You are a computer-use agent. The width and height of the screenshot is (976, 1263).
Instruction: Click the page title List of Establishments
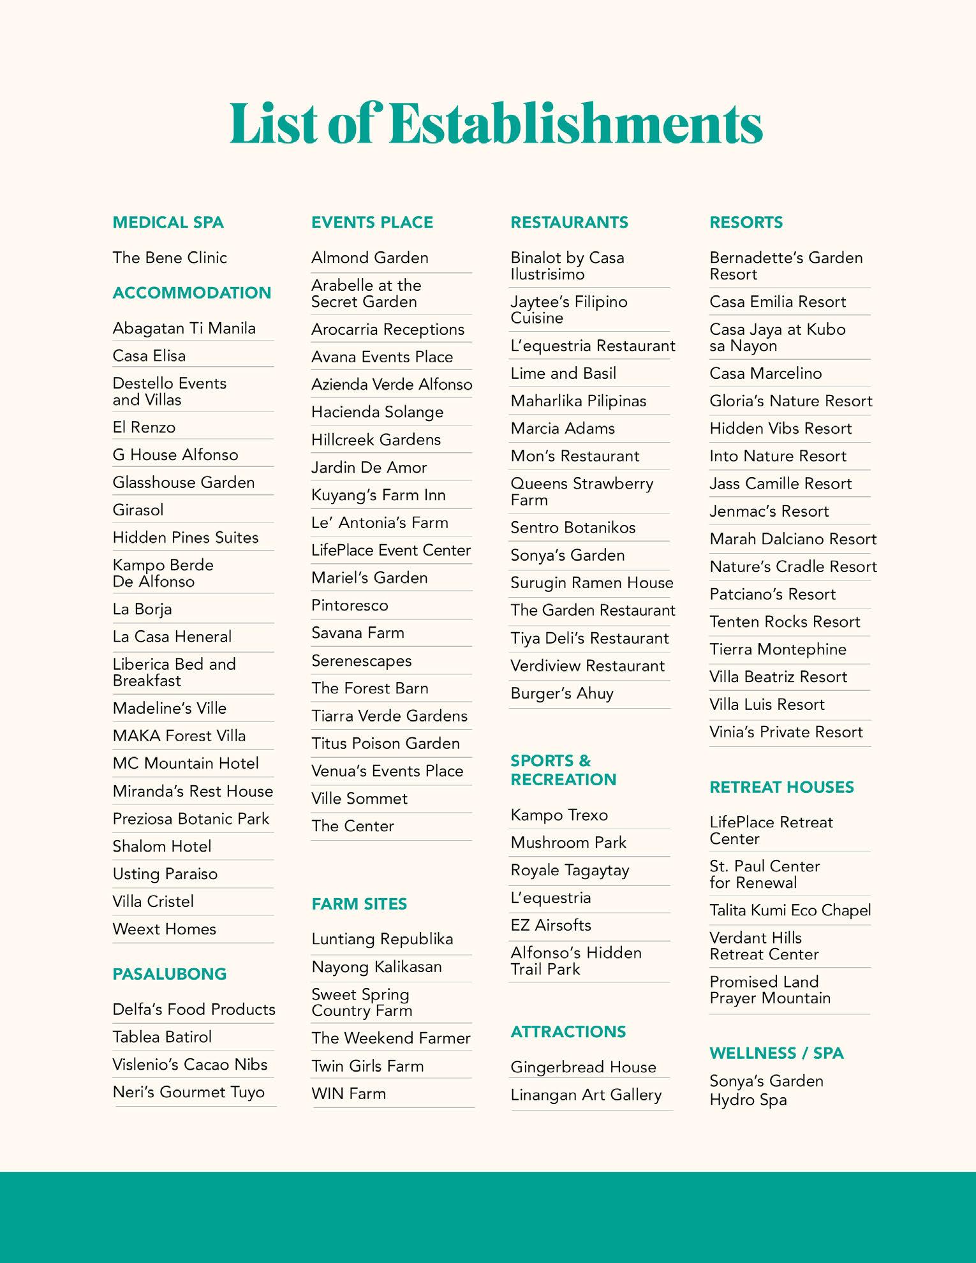click(x=496, y=123)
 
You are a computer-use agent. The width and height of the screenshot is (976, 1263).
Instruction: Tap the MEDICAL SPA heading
click(x=168, y=223)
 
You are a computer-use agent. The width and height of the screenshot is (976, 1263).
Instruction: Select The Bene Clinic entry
click(x=170, y=258)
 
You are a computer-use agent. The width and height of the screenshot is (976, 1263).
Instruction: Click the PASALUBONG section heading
click(x=169, y=974)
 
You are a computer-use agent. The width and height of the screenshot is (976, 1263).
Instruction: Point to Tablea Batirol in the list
click(x=162, y=1037)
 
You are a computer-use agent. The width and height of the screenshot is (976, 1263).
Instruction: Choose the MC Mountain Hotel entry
click(x=186, y=764)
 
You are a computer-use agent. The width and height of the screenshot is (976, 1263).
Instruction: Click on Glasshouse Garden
click(x=184, y=483)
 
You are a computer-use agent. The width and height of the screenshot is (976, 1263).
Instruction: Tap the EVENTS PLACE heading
click(x=372, y=223)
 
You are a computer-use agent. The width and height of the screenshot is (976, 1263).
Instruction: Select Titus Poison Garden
click(x=385, y=744)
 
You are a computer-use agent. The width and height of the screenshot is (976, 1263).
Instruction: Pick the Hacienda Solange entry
click(x=377, y=413)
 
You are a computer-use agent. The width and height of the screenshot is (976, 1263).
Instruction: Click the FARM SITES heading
click(x=359, y=904)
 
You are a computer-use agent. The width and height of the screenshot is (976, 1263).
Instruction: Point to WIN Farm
click(x=348, y=1094)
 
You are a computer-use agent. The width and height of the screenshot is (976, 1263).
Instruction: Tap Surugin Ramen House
click(x=591, y=583)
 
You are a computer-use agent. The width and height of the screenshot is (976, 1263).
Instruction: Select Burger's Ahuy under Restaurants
click(x=561, y=693)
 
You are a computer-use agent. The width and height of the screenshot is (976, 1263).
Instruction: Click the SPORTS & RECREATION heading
click(x=563, y=770)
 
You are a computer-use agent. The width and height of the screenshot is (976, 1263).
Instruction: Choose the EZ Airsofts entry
click(x=551, y=926)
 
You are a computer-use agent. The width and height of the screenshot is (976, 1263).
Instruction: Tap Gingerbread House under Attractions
click(x=583, y=1067)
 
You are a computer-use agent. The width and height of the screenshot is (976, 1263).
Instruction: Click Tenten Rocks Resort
click(x=785, y=622)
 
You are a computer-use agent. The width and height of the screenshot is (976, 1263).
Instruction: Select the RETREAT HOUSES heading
click(x=781, y=787)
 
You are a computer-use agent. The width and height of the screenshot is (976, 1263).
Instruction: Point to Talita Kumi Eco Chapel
click(x=790, y=911)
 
